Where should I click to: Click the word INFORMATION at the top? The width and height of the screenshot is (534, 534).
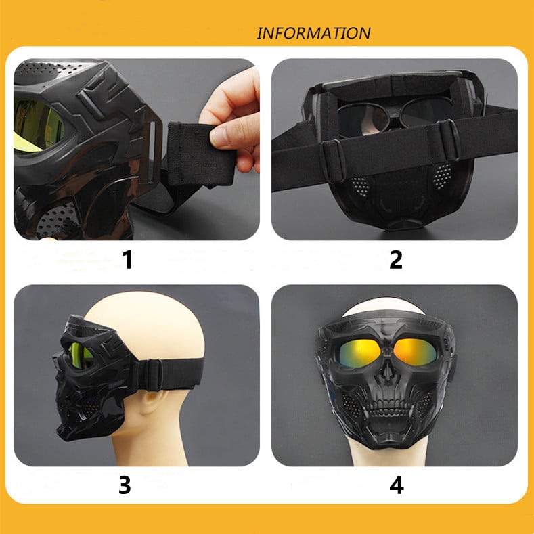[x=313, y=33]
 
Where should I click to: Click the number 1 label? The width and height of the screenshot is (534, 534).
[x=127, y=259]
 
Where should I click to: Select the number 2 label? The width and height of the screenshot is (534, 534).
[x=395, y=259]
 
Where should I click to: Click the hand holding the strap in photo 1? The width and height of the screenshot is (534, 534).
[x=233, y=115]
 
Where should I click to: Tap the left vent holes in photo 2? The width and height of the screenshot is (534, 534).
[x=359, y=184]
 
